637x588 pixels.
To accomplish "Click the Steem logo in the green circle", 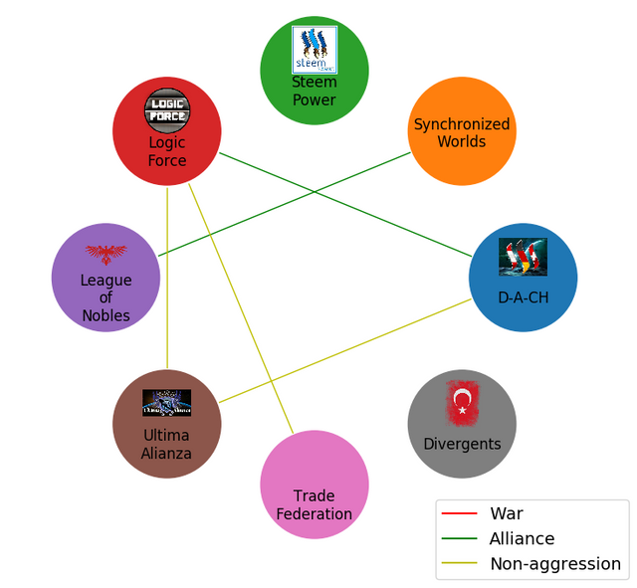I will tap(314, 49).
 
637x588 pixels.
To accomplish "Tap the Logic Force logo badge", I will tap(166, 108).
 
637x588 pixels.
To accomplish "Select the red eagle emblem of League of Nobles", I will tap(106, 254).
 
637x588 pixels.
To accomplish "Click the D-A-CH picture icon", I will tap(523, 258).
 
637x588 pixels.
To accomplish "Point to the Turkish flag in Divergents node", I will tap(462, 402).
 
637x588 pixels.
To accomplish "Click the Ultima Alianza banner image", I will tap(166, 402).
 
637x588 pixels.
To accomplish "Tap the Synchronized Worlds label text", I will tap(462, 132).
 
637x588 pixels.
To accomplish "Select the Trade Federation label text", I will tap(314, 504).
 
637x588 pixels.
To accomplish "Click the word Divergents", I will tap(462, 443).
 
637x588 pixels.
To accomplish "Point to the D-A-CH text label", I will tap(523, 297).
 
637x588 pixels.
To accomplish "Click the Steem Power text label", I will tap(314, 91).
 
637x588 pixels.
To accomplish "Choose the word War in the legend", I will tap(506, 513).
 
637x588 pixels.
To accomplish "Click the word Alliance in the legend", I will tap(522, 538).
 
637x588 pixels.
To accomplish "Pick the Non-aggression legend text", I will tap(554, 563).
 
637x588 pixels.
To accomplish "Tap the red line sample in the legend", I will tap(459, 513).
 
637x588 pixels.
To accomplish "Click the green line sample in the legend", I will tap(459, 538).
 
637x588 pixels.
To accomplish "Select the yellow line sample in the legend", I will tap(459, 563).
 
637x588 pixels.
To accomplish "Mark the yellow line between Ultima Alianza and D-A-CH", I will tap(348, 348).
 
